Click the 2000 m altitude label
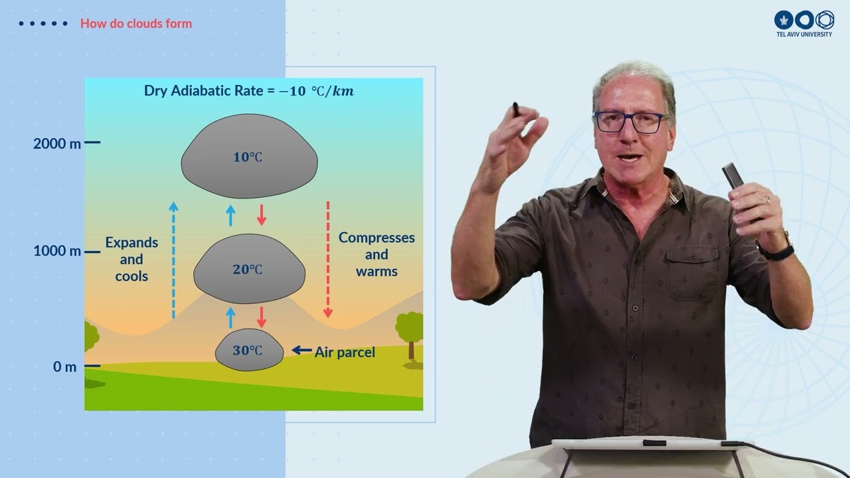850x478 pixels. (x=57, y=143)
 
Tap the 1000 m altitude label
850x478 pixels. (x=57, y=251)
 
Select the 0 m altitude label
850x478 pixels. (x=65, y=366)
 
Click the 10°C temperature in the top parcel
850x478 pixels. (x=247, y=157)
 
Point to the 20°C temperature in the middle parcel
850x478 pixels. (x=247, y=270)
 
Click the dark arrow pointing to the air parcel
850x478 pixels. (x=301, y=351)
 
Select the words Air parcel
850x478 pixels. (x=345, y=352)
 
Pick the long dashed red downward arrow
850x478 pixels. (x=327, y=259)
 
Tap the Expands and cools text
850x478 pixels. (x=131, y=260)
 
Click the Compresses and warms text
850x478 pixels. (x=377, y=254)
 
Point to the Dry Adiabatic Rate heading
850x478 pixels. (x=249, y=91)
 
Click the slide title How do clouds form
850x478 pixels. (x=135, y=24)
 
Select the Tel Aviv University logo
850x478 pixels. (x=804, y=24)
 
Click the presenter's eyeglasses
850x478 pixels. (x=630, y=121)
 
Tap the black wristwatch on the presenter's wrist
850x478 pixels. (x=776, y=252)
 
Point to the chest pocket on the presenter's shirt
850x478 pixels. (x=691, y=272)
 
